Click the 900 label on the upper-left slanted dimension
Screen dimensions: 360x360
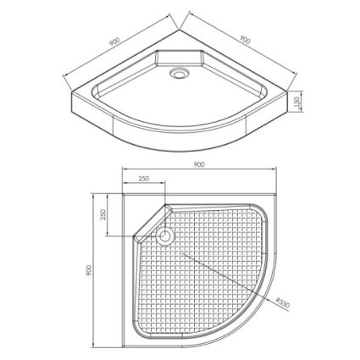114,42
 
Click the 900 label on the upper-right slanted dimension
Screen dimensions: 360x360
245,40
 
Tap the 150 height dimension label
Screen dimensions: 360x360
296,102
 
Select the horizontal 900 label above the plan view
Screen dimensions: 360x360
199,164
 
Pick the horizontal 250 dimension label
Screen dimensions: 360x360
143,179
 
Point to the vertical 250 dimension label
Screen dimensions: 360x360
103,214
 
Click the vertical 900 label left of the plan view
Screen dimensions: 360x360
89,270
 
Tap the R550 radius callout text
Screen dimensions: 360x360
283,302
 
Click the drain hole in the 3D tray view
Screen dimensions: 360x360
178,73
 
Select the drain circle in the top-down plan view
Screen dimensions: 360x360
165,235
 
